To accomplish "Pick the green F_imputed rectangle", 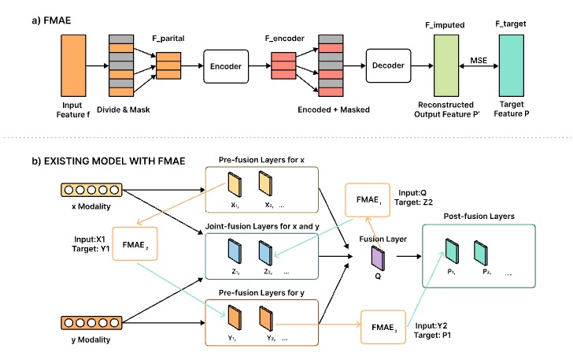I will point(445,64).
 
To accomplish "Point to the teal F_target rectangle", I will point(512,64).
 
